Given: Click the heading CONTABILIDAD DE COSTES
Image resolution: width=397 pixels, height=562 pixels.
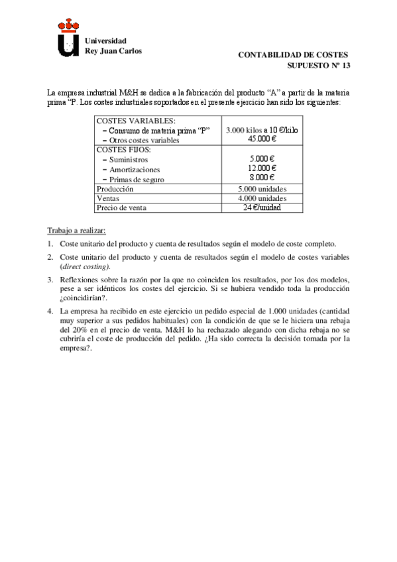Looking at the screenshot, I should pyautogui.click(x=292, y=55).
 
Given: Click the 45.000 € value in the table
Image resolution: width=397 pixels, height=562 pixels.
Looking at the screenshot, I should pyautogui.click(x=262, y=139).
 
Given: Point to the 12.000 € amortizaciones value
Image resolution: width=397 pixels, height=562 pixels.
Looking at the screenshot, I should pyautogui.click(x=262, y=168).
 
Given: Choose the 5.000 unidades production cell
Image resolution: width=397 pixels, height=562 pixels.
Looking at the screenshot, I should pyautogui.click(x=262, y=189).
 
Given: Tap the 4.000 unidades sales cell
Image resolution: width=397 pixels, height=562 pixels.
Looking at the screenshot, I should pyautogui.click(x=262, y=198).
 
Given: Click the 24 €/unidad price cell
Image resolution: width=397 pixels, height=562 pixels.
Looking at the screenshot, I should pyautogui.click(x=262, y=207).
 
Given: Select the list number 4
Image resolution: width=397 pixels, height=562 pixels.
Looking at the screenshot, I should pyautogui.click(x=50, y=311).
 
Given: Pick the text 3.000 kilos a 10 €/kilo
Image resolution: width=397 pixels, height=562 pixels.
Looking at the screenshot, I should pyautogui.click(x=262, y=131).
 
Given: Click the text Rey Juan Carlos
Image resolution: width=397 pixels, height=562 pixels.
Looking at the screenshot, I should pyautogui.click(x=113, y=50).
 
